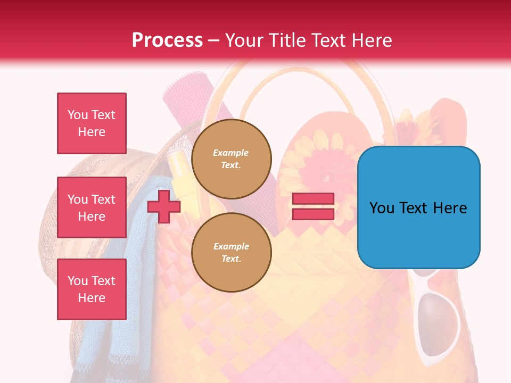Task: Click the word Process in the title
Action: tap(167, 40)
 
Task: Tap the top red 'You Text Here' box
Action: tap(92, 123)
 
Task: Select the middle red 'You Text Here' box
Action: tap(92, 207)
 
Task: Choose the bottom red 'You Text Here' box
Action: tap(92, 289)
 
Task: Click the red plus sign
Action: tap(163, 207)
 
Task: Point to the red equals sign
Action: tap(313, 206)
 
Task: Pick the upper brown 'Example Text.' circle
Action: tap(231, 159)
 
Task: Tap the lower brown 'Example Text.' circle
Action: tap(231, 253)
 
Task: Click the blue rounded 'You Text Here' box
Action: tap(418, 207)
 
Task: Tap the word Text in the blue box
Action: tap(418, 208)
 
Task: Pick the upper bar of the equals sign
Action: tap(313, 199)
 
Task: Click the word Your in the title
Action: tap(244, 40)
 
